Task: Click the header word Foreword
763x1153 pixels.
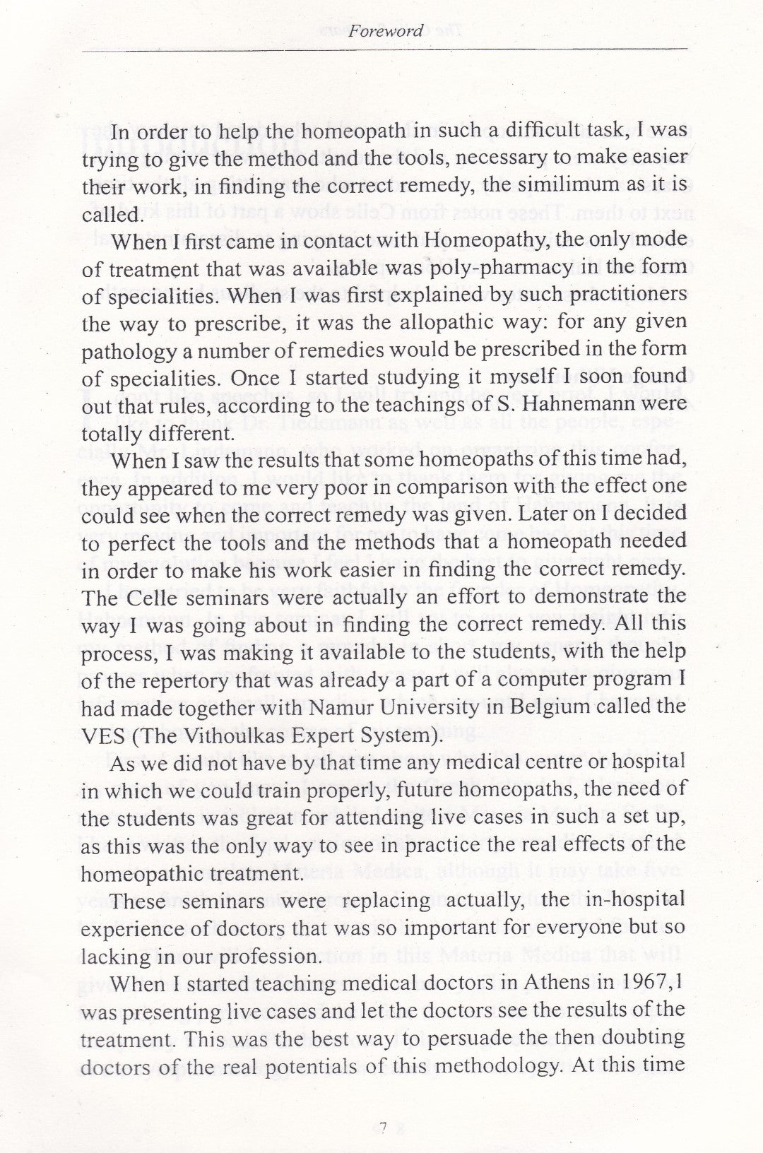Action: pyautogui.click(x=389, y=31)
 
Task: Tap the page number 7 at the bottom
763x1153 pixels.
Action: pyautogui.click(x=382, y=1128)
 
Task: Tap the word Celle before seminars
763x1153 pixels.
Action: pyautogui.click(x=155, y=596)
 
